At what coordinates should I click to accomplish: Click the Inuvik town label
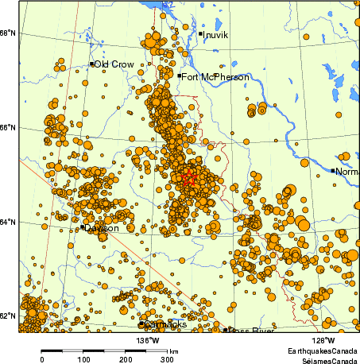215,35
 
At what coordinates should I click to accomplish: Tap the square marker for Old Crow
92,64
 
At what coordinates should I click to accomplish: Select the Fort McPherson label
215,77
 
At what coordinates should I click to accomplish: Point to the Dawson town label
103,228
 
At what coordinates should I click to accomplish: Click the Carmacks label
165,325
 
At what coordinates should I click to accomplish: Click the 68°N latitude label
7,33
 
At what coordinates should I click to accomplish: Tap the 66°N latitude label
7,127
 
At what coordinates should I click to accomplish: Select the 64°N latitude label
7,221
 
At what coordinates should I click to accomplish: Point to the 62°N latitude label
7,316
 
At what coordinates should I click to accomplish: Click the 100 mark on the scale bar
83,359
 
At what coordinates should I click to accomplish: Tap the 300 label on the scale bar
168,359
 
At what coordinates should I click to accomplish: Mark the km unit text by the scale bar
173,350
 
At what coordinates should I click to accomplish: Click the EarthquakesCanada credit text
323,350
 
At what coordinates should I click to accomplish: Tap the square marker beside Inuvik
200,33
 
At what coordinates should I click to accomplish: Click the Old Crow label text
114,64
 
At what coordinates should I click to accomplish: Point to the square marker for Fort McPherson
180,76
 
